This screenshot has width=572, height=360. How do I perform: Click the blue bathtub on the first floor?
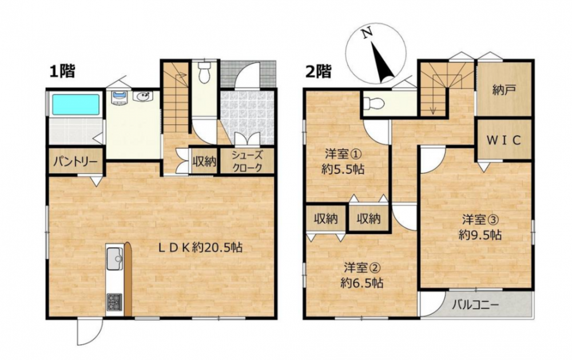point(76,105)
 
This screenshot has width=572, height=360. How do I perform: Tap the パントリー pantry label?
point(76,161)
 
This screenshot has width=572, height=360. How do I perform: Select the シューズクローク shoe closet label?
point(247,161)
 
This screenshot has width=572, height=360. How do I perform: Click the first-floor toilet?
point(204,72)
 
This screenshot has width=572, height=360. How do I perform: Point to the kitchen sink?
point(114,258)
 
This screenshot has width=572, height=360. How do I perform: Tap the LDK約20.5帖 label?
point(200,248)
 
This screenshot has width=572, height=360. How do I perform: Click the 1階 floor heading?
point(62,71)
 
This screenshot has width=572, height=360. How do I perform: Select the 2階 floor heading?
point(319,72)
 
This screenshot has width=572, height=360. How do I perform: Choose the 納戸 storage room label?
point(504,90)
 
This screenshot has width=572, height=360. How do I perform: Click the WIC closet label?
point(504,140)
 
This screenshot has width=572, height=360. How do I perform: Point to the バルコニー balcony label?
point(475,304)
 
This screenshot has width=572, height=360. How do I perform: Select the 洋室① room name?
point(343,155)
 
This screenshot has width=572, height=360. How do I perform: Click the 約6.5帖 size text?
point(362,283)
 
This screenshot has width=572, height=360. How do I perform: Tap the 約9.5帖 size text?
point(480,235)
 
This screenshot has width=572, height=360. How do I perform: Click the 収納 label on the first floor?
point(204,161)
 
